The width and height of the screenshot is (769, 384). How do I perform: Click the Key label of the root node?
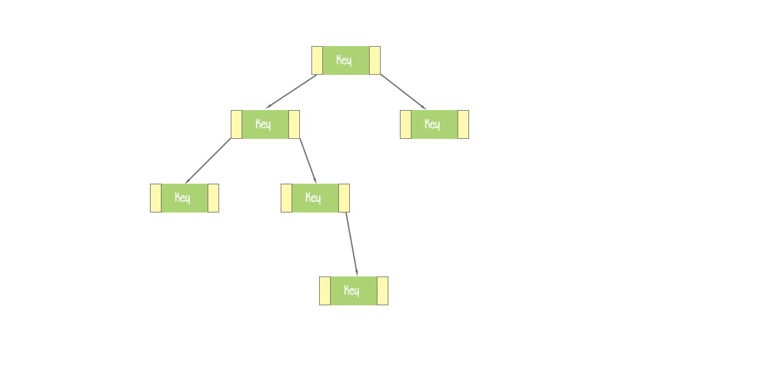click(x=343, y=60)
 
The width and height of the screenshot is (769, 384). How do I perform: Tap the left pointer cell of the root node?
click(x=317, y=60)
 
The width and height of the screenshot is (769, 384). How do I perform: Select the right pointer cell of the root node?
click(x=375, y=60)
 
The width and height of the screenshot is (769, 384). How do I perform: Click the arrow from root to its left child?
click(x=292, y=91)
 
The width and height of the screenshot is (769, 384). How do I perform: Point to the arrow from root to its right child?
click(x=403, y=92)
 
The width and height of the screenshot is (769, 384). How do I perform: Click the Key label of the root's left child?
click(x=263, y=124)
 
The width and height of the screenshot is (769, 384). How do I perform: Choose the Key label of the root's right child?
click(x=432, y=124)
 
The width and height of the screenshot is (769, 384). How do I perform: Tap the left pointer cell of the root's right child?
click(x=406, y=124)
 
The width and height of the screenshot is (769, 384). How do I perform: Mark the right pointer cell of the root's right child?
click(x=463, y=124)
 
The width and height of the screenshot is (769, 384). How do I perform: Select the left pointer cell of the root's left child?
click(x=236, y=124)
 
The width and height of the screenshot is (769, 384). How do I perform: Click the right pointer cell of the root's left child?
click(x=294, y=124)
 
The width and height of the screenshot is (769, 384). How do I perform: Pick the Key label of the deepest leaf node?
click(x=352, y=291)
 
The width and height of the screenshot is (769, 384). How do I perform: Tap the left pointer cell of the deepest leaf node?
click(x=325, y=291)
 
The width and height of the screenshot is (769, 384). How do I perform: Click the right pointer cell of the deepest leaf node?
click(x=383, y=291)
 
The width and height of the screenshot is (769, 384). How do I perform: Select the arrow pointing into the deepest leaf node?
click(x=352, y=244)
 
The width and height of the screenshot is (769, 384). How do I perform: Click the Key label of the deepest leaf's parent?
click(x=313, y=198)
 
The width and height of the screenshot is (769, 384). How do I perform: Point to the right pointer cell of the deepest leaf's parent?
click(x=344, y=198)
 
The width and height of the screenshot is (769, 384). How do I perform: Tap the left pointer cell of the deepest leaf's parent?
click(x=286, y=198)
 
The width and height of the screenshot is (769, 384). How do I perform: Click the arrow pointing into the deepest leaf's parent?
click(x=308, y=161)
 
